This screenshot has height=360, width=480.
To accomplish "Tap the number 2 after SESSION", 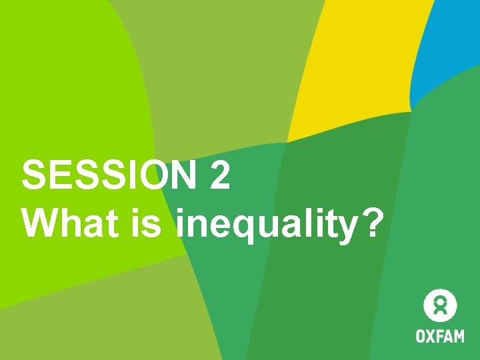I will [x=219, y=176].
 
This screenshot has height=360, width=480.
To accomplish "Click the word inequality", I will [x=267, y=225].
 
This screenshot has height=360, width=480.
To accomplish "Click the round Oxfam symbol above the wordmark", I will [x=440, y=305].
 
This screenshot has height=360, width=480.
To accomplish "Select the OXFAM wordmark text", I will [x=440, y=335].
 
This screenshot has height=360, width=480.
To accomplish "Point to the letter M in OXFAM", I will [x=458, y=335].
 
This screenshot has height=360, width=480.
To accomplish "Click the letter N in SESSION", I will [x=181, y=176].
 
